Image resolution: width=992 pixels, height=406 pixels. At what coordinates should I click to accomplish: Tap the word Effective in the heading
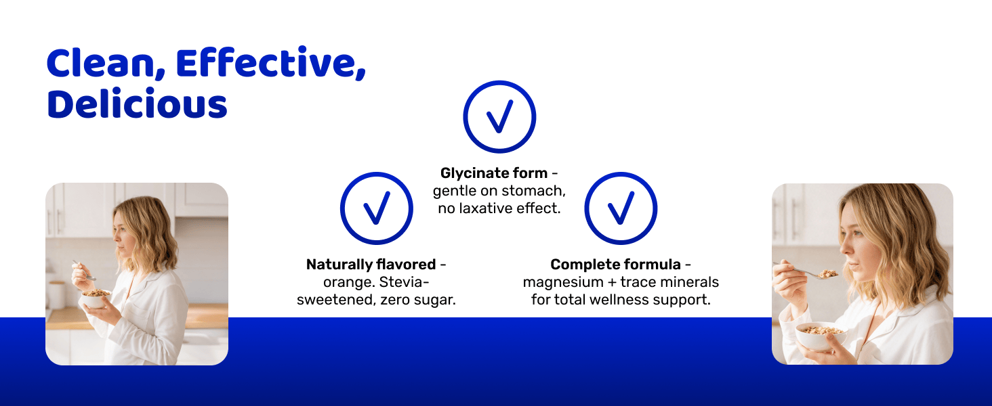pos(271,63)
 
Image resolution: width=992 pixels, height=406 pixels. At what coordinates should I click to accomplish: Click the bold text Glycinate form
pos(494,173)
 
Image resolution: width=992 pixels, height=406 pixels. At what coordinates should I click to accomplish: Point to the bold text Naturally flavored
pos(371,265)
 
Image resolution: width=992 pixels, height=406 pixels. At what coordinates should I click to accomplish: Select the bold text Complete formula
pos(615,265)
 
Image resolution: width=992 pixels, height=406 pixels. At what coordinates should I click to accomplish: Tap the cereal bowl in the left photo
pos(96,299)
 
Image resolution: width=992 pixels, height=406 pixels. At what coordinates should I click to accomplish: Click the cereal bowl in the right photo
pos(820,336)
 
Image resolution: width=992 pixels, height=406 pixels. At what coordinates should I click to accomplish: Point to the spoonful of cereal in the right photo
pos(827,274)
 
